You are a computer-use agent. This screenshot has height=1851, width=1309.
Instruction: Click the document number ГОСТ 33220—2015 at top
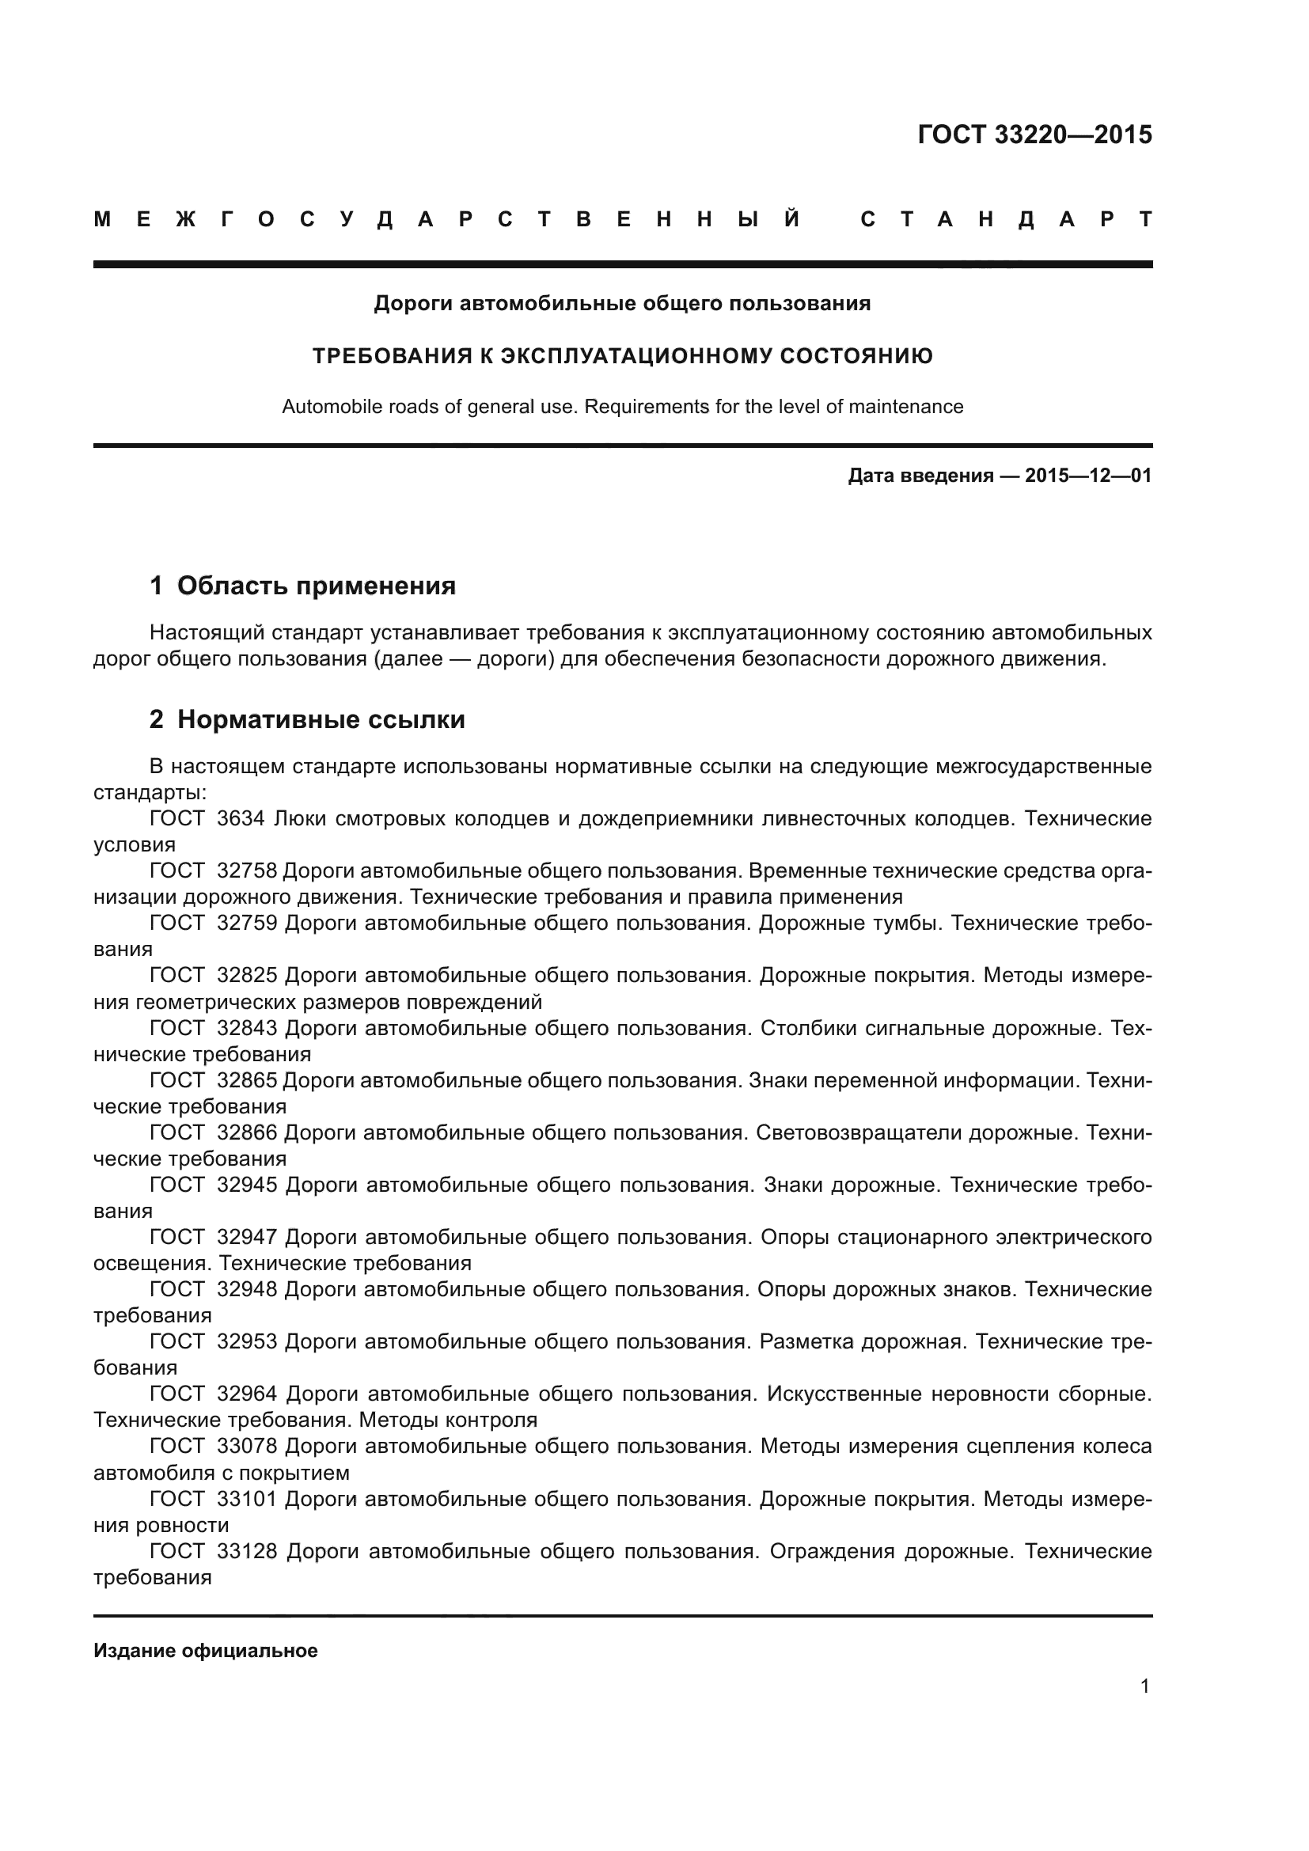1034,135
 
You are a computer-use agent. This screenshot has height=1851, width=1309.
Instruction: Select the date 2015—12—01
1088,476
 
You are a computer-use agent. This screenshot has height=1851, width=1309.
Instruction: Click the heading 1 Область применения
302,586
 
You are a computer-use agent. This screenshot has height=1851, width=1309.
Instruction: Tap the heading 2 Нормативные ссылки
307,719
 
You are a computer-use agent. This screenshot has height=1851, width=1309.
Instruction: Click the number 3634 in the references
241,818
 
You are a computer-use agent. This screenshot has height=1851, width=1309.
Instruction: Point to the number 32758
247,871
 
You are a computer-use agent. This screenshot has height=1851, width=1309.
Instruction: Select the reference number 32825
247,975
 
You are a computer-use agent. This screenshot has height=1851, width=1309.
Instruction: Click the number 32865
247,1079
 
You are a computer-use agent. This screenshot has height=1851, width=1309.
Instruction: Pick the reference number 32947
247,1237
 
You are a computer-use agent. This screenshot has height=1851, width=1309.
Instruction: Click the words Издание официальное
206,1650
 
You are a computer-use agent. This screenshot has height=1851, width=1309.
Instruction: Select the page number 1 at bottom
1144,1708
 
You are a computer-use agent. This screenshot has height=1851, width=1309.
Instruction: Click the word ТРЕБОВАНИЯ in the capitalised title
391,355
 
